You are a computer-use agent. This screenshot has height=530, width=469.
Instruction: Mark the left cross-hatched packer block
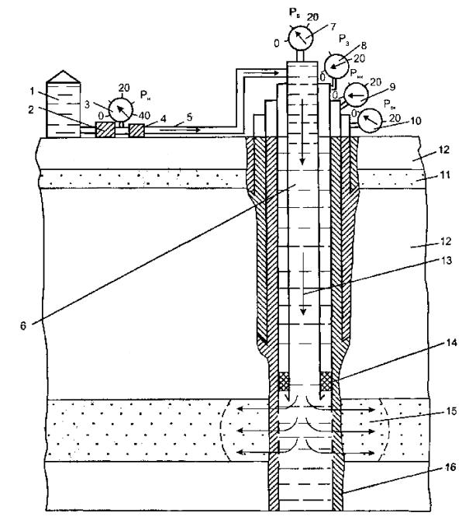(283, 381)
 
